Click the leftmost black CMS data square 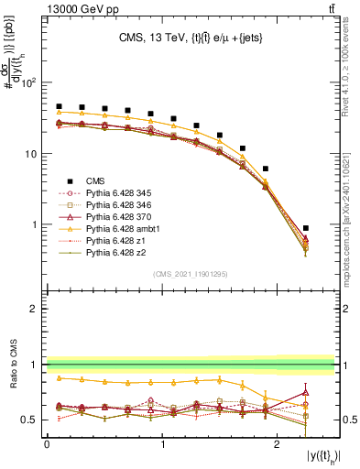pyautogui.click(x=59, y=106)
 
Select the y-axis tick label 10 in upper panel pyautogui.click(x=32, y=154)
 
